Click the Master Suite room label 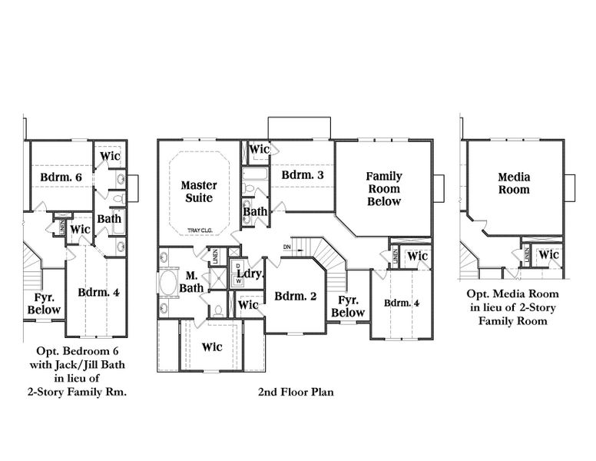click(x=198, y=191)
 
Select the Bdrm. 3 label click(x=303, y=175)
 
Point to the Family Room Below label click(x=383, y=188)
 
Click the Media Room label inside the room click(x=514, y=184)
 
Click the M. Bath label click(x=192, y=282)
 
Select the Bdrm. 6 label click(x=61, y=177)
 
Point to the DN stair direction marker click(x=287, y=247)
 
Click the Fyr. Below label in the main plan click(x=348, y=307)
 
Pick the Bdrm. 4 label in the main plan click(x=402, y=302)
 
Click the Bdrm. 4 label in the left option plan click(x=98, y=292)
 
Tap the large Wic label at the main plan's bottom click(x=212, y=347)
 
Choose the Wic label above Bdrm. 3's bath click(x=260, y=148)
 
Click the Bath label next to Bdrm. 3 click(x=255, y=211)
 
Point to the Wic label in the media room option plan click(x=548, y=255)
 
